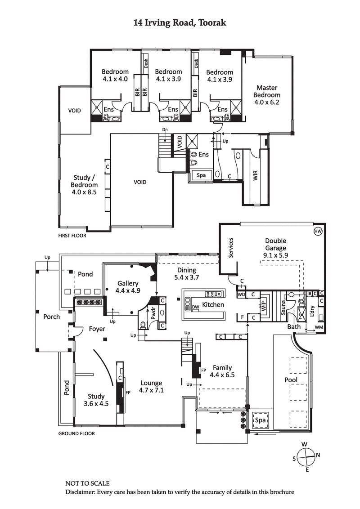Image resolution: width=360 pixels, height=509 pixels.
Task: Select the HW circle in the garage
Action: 318,231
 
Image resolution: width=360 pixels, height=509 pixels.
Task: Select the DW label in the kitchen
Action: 195,308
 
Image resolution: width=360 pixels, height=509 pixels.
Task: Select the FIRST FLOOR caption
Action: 72,235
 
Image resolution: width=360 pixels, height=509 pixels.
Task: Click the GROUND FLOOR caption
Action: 76,434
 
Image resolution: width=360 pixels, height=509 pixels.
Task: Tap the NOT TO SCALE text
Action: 87,483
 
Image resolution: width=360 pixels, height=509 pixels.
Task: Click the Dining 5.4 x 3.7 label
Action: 186,274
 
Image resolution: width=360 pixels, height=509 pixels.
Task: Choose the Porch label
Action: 51,317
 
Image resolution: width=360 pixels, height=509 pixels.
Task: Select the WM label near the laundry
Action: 319,326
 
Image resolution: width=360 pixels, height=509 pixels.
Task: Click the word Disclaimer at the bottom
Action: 81,492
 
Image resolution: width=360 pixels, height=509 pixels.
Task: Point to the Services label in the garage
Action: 231,247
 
